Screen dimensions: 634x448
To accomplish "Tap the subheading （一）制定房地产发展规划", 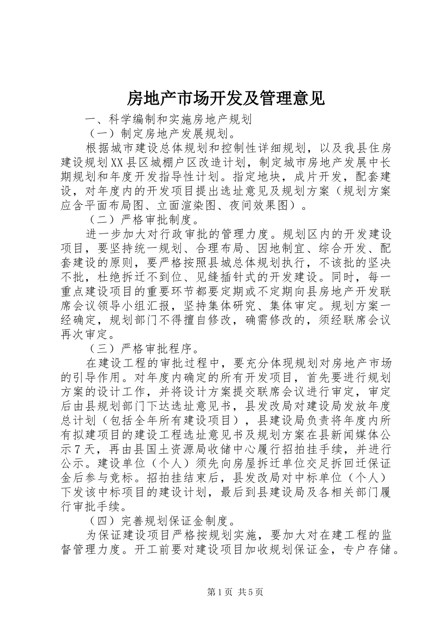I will pyautogui.click(x=160, y=134).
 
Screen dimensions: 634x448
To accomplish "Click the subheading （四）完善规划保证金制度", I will pyautogui.click(x=160, y=521).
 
